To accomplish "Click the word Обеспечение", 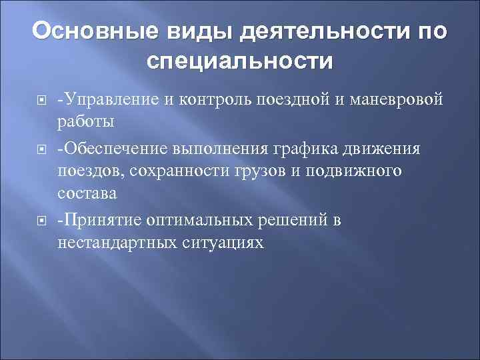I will (118, 148).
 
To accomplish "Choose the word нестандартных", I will (117, 243).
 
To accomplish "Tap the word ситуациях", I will (223, 243).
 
